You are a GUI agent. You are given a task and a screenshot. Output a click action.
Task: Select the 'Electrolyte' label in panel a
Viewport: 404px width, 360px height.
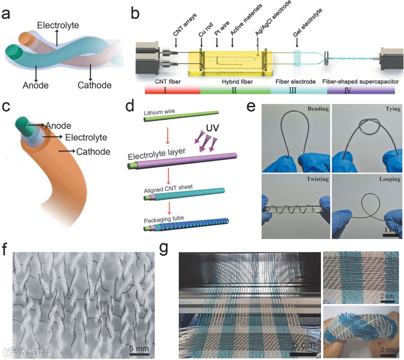coord(58,25)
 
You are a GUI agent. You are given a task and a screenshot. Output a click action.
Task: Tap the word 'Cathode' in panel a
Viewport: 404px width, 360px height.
coord(94,85)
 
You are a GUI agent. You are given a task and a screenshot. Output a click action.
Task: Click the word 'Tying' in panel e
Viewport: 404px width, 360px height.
coord(392,109)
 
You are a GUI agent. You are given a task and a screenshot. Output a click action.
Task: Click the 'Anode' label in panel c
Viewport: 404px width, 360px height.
coord(58,126)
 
